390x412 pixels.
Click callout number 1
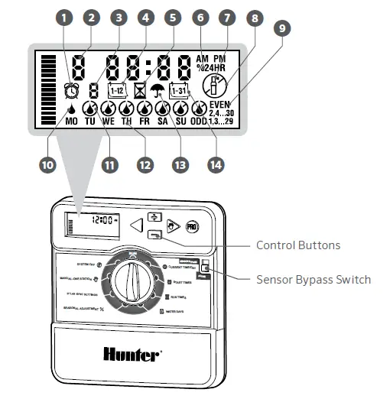pos(63,17)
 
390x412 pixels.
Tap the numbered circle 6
pos(200,17)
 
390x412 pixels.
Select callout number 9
pos(283,28)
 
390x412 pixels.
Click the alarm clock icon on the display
pos(72,89)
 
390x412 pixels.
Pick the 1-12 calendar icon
pos(118,90)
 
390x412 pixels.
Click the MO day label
pos(71,121)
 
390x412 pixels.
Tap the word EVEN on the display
pos(220,104)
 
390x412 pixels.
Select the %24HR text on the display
pos(210,67)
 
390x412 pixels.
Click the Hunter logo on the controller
pos(132,353)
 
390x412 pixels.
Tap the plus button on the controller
pos(155,217)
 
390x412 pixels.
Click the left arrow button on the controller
pos(136,225)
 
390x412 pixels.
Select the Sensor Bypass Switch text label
pos(314,279)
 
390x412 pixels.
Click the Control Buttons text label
pos(297,245)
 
